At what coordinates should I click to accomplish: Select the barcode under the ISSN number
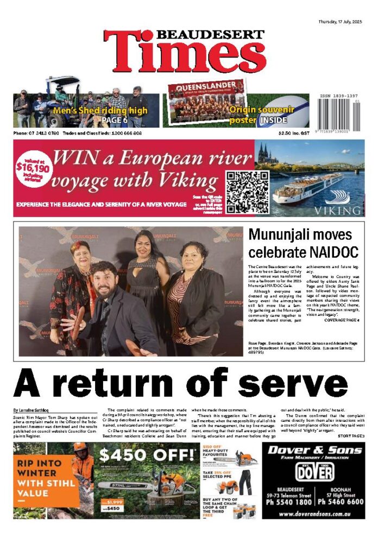339,113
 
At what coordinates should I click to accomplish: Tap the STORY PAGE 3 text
351,436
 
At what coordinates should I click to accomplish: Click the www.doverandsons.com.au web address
313,513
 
